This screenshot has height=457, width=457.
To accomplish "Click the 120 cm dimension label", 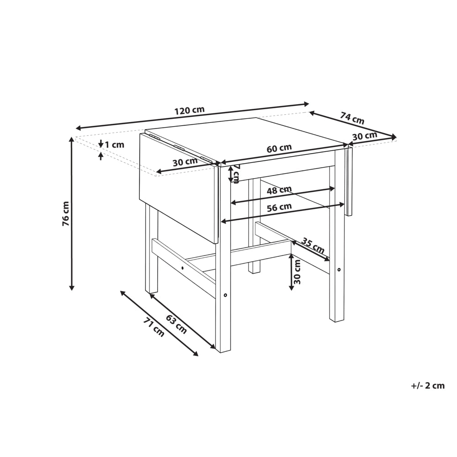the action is (x=190, y=111).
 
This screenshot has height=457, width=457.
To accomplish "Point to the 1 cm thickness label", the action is (x=114, y=144).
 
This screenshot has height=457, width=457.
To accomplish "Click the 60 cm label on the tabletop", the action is (x=279, y=148).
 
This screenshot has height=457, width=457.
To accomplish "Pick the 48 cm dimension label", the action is (x=279, y=190).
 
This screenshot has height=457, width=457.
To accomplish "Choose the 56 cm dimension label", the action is (x=279, y=207).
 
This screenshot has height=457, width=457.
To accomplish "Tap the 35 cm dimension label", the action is (x=313, y=246).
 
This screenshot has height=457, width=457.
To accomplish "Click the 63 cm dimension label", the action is (x=176, y=324).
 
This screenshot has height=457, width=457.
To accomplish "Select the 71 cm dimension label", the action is (x=154, y=327).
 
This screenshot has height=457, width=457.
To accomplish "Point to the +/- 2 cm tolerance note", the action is (x=428, y=386).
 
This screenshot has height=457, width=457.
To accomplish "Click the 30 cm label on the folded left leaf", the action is (x=185, y=162).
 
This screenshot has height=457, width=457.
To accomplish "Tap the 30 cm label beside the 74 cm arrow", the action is (x=365, y=136).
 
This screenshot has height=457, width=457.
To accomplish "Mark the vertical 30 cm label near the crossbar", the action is (x=297, y=271).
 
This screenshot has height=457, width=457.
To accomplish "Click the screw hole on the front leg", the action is (x=225, y=295).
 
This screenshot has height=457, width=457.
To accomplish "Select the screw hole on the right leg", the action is (x=339, y=270).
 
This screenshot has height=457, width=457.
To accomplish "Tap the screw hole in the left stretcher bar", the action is (x=182, y=268).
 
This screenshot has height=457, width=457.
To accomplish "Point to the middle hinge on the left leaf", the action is (x=179, y=147).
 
